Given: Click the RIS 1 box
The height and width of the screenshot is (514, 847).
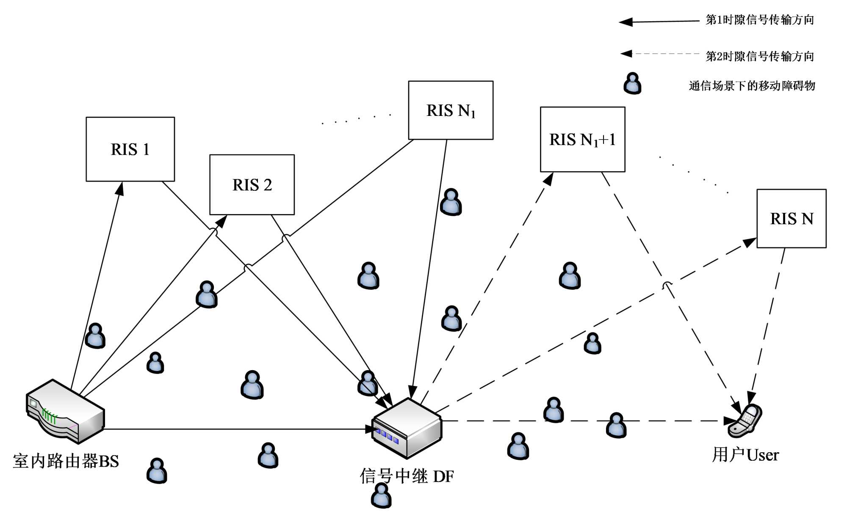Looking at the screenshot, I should click(x=130, y=149).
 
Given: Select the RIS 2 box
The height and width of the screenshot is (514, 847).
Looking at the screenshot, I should click(x=252, y=184).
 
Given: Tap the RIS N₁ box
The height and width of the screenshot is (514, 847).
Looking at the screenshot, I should click(x=451, y=110).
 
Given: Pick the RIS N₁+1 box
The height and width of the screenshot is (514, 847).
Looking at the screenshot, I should click(x=582, y=139).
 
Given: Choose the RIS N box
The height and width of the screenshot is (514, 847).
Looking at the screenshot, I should click(x=791, y=218).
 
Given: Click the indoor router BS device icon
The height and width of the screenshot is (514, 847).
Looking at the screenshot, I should click(x=65, y=411).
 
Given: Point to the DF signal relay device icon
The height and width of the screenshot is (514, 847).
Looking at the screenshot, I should click(x=407, y=428).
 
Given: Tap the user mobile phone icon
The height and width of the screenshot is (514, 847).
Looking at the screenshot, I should click(x=745, y=421).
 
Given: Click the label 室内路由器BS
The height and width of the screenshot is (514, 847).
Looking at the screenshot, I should click(x=66, y=461).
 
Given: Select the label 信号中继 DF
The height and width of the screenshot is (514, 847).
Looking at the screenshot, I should click(x=407, y=476).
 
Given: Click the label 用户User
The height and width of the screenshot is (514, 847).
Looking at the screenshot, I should click(x=745, y=455).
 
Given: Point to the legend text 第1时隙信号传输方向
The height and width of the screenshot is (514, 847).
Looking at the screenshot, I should click(x=760, y=20).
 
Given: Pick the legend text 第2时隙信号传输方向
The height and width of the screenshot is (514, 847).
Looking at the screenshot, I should click(x=760, y=56).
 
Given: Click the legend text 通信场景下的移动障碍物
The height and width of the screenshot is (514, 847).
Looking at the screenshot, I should click(x=752, y=86).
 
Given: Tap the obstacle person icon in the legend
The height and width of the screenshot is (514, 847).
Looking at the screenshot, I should click(x=632, y=83).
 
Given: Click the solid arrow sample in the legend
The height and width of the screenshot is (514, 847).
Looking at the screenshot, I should click(x=659, y=21).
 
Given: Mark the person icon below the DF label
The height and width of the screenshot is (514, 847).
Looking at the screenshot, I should click(x=381, y=495).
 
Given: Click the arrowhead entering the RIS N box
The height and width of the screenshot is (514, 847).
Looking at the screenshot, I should click(x=750, y=242).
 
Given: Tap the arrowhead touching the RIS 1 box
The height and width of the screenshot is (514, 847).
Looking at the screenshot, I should click(x=120, y=188).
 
